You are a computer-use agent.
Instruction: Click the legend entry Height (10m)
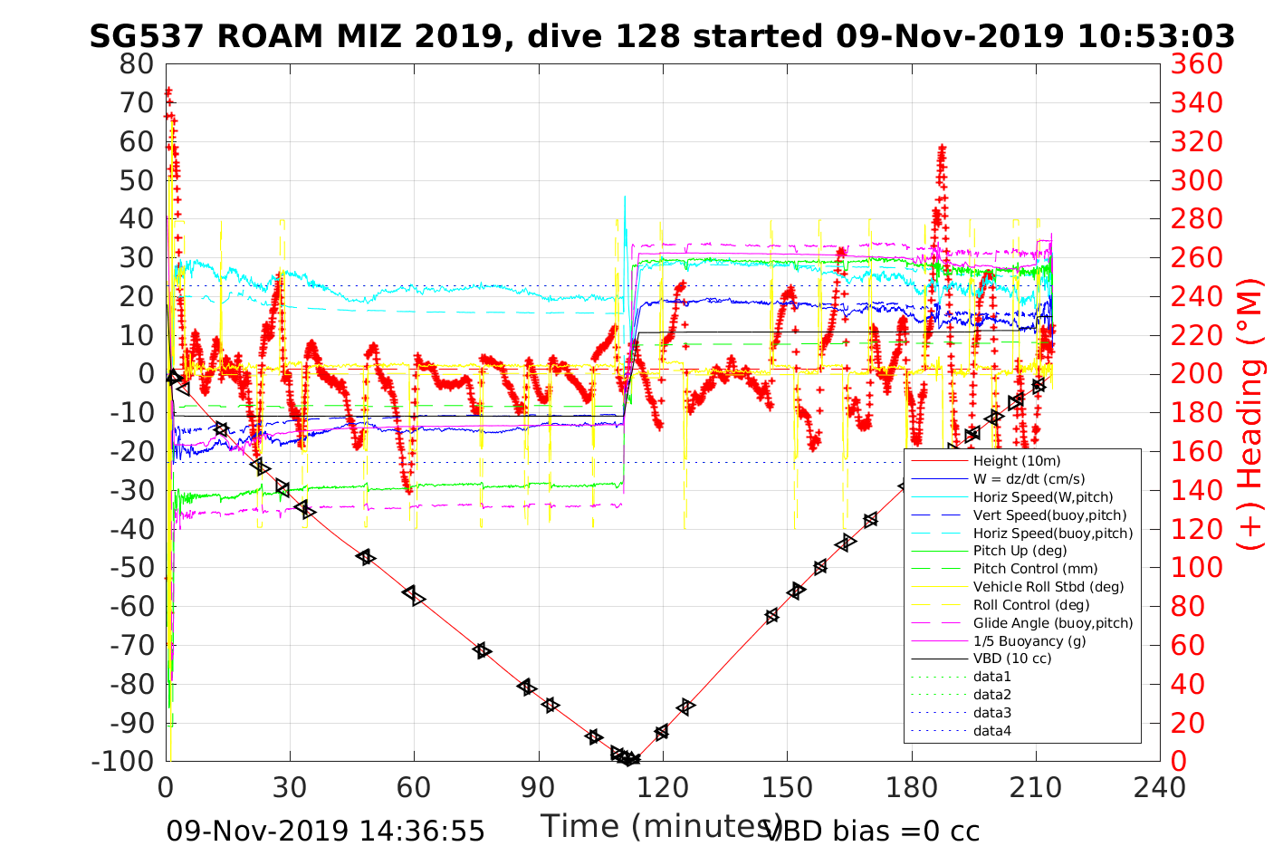coord(1016,461)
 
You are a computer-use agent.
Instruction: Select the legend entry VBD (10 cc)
coord(1012,659)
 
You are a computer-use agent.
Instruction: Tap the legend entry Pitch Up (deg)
coord(1020,551)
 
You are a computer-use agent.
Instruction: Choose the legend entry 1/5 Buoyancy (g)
coord(1029,641)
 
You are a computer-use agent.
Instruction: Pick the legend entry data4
coord(992,731)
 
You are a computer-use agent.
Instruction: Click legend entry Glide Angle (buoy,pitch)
coord(1053,623)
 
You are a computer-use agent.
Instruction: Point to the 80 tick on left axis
coord(137,64)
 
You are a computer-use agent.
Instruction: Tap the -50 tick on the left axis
coord(132,568)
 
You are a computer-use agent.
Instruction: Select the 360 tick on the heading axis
coord(1196,64)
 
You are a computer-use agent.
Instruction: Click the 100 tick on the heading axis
coord(1196,568)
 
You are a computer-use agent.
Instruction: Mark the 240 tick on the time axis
coord(1159,788)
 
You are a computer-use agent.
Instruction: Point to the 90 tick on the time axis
coord(538,788)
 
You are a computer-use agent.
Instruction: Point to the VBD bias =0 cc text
coord(873,831)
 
